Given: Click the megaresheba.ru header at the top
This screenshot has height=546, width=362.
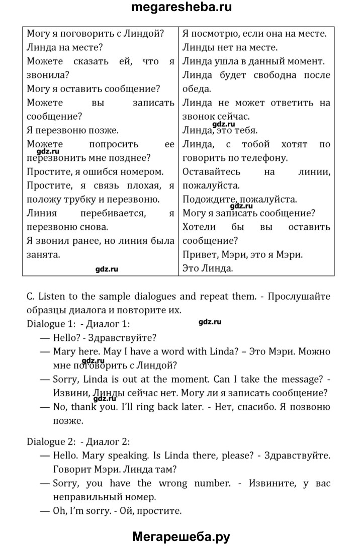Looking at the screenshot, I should (181, 8).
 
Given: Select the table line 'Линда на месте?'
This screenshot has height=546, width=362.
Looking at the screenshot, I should (65, 48).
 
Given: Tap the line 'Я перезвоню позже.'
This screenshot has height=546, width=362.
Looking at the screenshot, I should (72, 130).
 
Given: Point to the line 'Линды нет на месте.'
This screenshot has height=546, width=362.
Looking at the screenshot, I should (230, 48).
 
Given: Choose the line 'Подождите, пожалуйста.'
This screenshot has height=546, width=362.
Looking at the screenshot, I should (240, 199).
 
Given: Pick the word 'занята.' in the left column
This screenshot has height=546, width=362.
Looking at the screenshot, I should (43, 254).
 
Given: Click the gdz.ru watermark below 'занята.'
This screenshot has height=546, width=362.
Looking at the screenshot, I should (107, 269).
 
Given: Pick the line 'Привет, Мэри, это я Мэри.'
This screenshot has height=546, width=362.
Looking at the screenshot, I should (242, 254).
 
